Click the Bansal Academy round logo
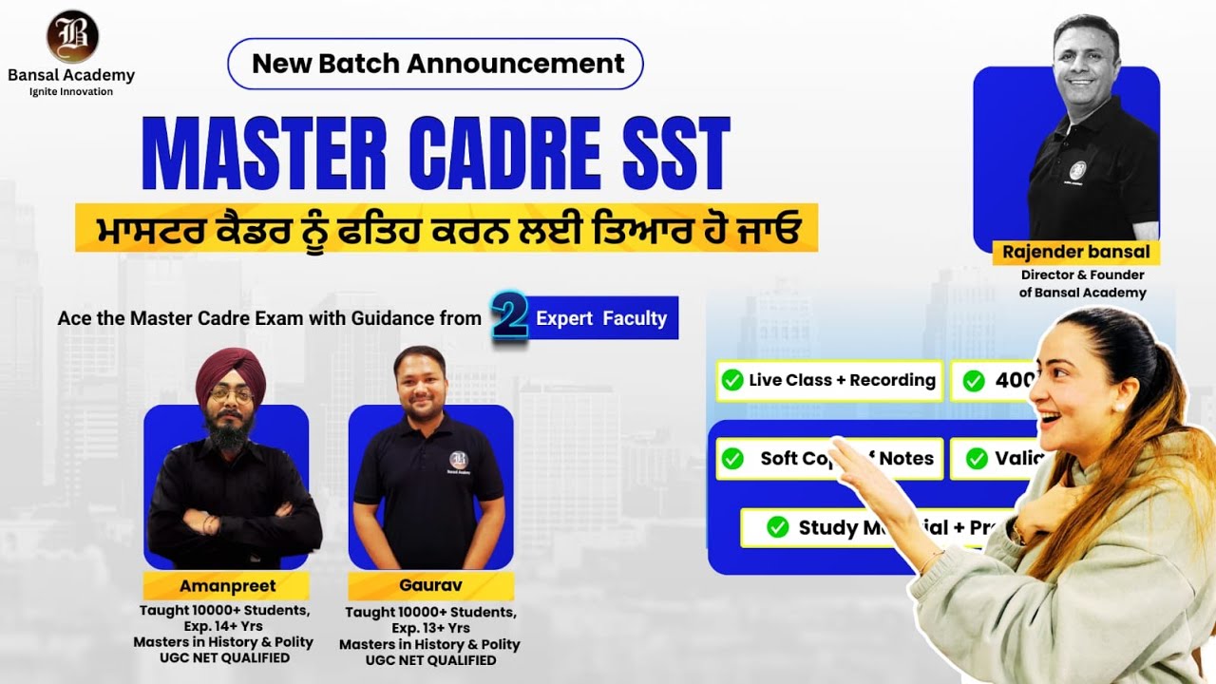[72, 36]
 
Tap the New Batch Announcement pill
[436, 64]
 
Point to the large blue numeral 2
[510, 317]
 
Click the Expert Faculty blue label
[601, 318]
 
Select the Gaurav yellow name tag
[430, 585]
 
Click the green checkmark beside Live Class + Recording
[732, 380]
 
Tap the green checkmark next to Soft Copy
[732, 458]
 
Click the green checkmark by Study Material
[777, 527]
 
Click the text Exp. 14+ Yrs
[225, 626]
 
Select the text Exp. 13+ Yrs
[430, 628]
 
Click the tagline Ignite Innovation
[71, 91]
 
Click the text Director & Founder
[1082, 275]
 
